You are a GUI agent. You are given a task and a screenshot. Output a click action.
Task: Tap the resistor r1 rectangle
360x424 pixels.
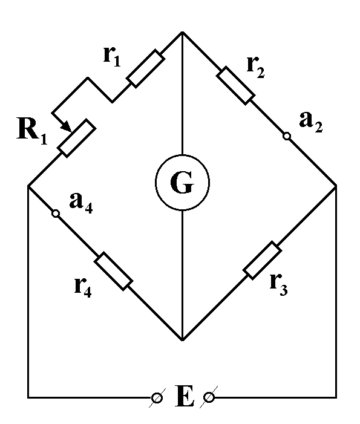coord(146,68)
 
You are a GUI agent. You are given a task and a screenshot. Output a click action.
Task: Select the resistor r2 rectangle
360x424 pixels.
coord(235,85)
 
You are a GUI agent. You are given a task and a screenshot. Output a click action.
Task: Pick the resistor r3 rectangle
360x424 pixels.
coord(263,260)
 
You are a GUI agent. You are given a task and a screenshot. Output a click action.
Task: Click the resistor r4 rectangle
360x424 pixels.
coord(113,271)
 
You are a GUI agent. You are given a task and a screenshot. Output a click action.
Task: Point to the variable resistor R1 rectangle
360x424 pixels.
coord(77,138)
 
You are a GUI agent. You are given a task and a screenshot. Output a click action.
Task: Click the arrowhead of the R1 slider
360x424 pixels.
coord(67,126)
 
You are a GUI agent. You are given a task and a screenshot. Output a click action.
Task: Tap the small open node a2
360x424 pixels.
coord(287,136)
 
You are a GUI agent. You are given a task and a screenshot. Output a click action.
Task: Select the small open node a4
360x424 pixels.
coord(56,214)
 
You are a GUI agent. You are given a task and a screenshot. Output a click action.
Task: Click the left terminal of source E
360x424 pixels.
coord(157,398)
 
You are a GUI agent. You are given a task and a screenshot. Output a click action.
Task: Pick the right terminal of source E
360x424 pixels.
coord(209,397)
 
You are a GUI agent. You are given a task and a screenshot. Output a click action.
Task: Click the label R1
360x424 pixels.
coord(32,130)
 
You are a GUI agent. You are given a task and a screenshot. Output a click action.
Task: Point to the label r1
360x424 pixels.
coord(112,56)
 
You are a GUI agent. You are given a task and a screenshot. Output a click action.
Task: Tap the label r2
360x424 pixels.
coord(256,67)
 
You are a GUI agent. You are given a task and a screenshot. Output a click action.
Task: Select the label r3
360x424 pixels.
coord(278,285)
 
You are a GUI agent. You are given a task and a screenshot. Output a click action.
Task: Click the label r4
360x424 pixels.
coord(83,287)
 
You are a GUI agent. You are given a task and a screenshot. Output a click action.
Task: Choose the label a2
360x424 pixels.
coord(311,122)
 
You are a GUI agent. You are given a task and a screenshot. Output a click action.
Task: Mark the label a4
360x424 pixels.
coord(81,203)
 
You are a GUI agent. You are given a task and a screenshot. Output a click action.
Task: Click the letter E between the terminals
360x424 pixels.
coord(185,396)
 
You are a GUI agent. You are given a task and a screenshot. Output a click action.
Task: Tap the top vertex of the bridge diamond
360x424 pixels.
coord(183,32)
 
